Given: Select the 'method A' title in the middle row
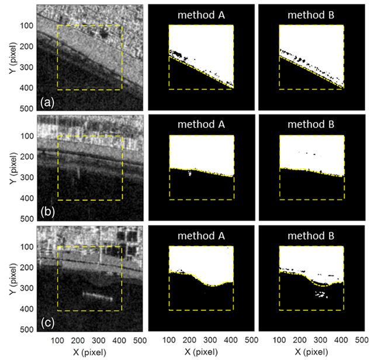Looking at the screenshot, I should coord(200,124).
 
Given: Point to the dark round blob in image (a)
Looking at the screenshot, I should coord(103,33).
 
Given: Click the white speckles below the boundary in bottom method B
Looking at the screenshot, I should coord(320,295).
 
